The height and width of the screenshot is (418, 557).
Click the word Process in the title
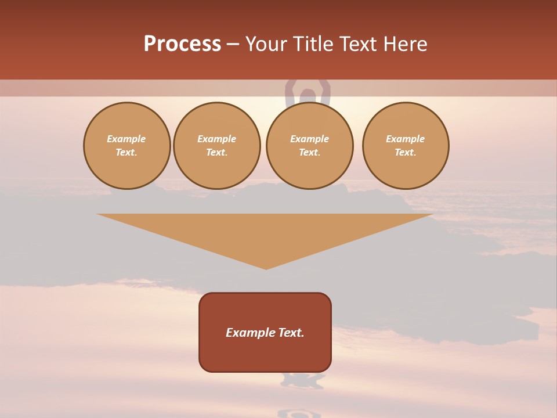182,44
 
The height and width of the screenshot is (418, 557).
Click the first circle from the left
127,146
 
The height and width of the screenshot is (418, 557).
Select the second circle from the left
217,146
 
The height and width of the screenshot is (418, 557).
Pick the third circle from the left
309,146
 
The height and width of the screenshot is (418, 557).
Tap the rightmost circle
406,146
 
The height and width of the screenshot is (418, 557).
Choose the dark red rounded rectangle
265,354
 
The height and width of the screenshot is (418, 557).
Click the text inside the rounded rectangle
265,333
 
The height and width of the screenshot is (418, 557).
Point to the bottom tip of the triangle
266,268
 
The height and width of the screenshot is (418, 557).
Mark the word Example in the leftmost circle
126,139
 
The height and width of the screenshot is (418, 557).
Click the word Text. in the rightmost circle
406,152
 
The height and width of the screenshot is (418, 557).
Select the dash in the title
233,44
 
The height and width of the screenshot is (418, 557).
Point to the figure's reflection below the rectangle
302,380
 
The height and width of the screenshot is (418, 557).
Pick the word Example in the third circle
309,139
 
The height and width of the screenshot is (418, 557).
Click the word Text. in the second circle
217,152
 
